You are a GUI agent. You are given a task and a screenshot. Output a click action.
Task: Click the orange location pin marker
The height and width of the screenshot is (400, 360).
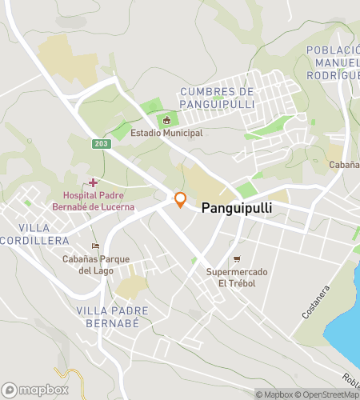[x=180, y=200]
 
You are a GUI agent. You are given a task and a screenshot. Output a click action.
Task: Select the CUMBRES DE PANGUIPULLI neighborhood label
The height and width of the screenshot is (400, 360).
[x=217, y=98]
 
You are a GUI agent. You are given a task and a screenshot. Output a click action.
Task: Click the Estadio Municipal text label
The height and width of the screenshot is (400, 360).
[x=166, y=133]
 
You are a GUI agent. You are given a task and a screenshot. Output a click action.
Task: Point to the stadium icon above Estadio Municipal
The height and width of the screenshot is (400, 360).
[x=166, y=121]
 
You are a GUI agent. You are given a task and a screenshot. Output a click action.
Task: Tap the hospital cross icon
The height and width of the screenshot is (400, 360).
[x=94, y=183]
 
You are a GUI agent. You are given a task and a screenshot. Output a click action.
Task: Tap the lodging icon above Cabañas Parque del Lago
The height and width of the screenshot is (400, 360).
[x=96, y=246]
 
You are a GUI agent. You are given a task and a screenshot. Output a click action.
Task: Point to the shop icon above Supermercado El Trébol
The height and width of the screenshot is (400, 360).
[x=237, y=258]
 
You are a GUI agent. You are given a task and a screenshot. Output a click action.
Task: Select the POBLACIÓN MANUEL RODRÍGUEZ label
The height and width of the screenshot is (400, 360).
[x=332, y=62]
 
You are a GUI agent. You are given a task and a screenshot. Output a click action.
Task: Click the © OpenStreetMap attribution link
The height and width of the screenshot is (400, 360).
[x=328, y=394]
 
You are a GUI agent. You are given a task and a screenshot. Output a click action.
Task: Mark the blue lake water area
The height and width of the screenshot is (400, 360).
[x=346, y=320]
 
